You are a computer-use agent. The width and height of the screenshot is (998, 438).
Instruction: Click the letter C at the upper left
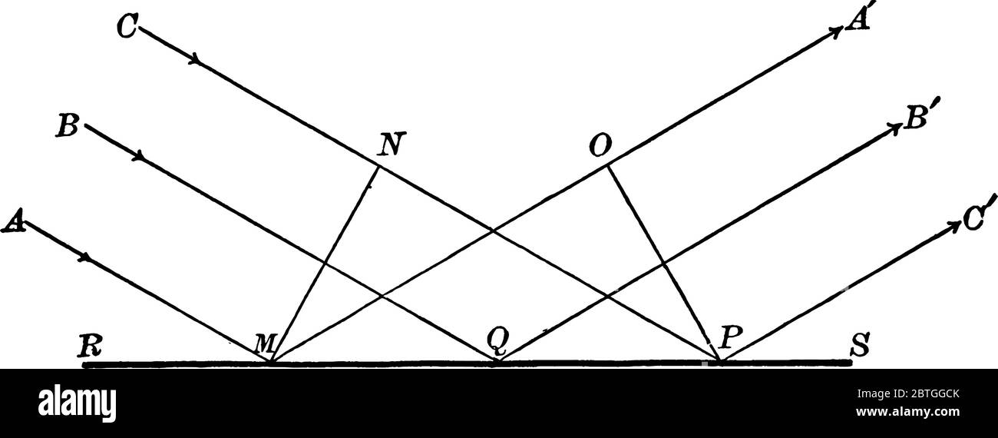coord(127,28)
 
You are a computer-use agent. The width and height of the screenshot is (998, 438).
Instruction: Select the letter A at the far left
coord(13,221)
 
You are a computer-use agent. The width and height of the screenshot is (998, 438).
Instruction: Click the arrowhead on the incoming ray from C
coord(198,59)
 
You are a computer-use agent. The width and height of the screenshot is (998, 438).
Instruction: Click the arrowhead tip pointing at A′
coord(841,30)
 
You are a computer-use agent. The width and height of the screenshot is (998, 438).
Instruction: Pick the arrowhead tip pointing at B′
coord(899,127)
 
